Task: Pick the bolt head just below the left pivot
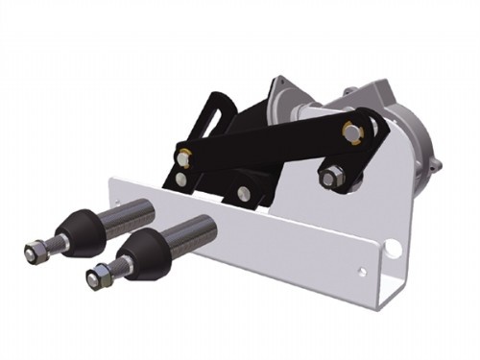tap(182, 178)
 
